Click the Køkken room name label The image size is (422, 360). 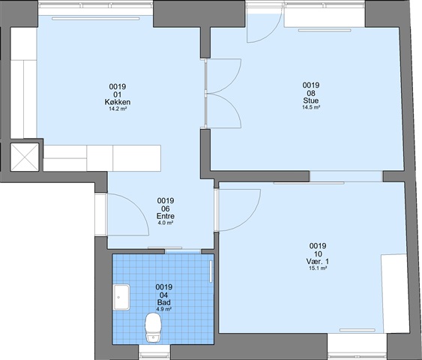tap(118, 102)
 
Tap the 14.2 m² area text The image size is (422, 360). tap(118, 109)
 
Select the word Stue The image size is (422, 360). tap(311, 100)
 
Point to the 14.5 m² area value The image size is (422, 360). tap(311, 107)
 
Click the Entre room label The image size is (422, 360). tap(166, 216)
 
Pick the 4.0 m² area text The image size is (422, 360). tap(166, 223)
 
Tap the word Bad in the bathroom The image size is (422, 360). tap(164, 302)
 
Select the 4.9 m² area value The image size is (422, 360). tap(164, 309)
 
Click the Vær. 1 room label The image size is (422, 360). tap(318, 261)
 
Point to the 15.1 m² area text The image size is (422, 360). tap(318, 268)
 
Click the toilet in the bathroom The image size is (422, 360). tap(153, 328)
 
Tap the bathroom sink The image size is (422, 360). tap(121, 297)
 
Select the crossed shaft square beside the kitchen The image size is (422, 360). tap(25, 157)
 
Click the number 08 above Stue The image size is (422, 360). tap(311, 93)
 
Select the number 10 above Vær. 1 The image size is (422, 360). tap(318, 253)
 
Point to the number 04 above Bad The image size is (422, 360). tap(164, 295)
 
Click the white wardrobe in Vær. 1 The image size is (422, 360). tap(395, 293)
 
